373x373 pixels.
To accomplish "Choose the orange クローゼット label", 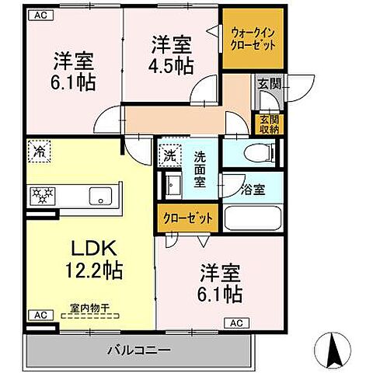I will point(186,218).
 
